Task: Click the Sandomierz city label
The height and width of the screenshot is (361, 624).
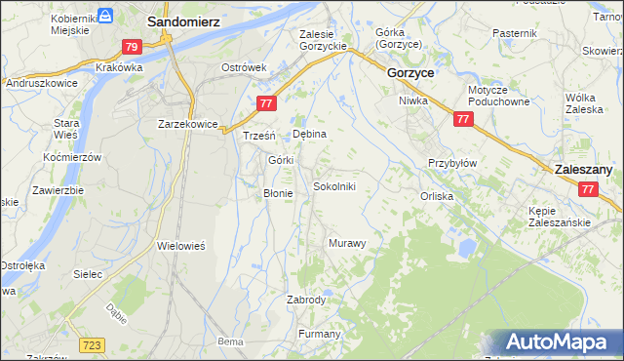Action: click(x=182, y=20)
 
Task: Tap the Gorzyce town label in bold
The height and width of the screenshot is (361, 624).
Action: click(x=410, y=73)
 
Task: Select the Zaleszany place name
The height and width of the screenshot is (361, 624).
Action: click(x=583, y=169)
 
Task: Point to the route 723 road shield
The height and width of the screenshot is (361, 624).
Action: click(x=93, y=345)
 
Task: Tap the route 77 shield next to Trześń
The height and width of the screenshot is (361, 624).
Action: click(x=266, y=103)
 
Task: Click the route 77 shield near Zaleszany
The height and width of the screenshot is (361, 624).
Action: click(x=587, y=191)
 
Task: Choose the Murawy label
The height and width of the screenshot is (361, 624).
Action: click(x=347, y=242)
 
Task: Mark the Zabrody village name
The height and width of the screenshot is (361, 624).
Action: click(x=306, y=300)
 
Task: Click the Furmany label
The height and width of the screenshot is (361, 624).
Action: click(x=319, y=334)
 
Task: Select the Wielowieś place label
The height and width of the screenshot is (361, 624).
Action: click(x=180, y=246)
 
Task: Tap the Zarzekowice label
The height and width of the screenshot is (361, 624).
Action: click(x=186, y=124)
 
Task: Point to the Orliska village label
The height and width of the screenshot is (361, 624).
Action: click(x=437, y=196)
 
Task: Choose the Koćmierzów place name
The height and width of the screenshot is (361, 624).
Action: click(x=73, y=158)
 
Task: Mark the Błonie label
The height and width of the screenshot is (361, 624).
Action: click(x=278, y=193)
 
